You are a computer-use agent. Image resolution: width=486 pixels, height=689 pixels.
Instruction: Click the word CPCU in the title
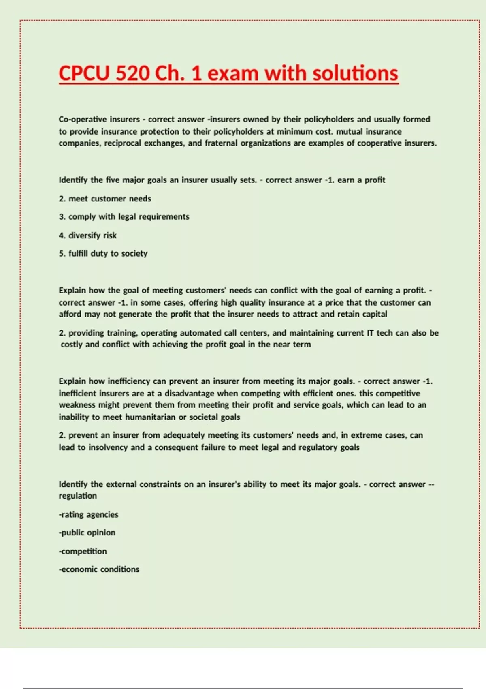tap(84, 73)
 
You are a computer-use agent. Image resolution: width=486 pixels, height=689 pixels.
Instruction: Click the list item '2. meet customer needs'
tap(105, 199)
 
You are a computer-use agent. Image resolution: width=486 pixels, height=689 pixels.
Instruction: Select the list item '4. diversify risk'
tap(87, 235)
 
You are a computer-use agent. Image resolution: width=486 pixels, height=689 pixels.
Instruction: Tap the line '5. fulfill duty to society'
tap(103, 254)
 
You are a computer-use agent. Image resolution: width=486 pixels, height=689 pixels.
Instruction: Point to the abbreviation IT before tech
tap(370, 333)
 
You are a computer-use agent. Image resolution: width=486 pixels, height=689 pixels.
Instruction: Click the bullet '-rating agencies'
tap(88, 515)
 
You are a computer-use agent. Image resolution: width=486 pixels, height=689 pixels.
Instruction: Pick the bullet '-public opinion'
tap(87, 533)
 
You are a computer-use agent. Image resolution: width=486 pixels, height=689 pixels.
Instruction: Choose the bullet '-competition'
tap(83, 551)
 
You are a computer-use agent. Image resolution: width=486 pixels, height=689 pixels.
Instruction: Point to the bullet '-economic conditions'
tap(99, 569)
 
